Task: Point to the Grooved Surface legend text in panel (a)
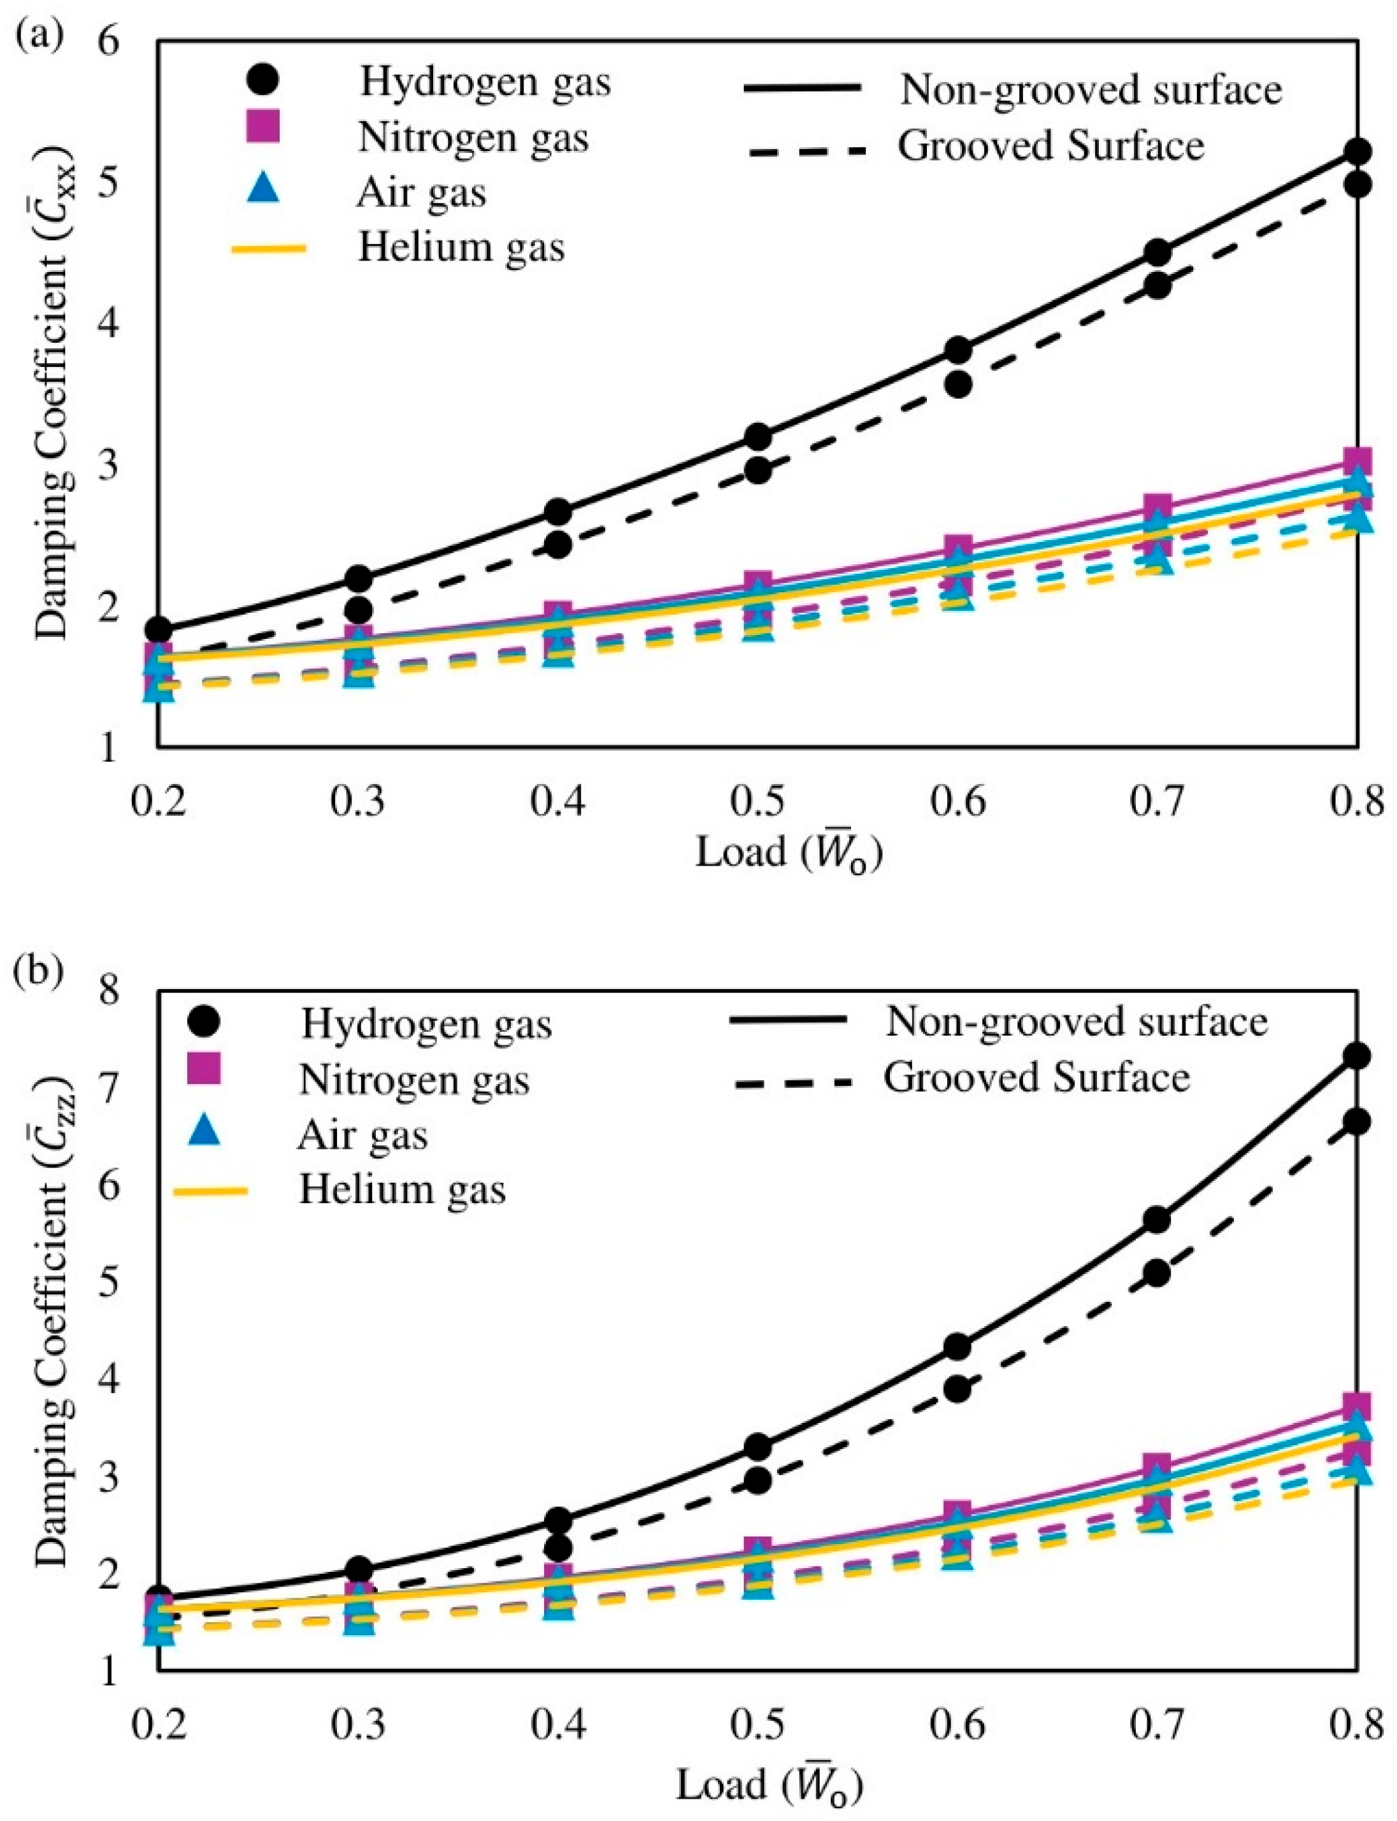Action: (x=1051, y=147)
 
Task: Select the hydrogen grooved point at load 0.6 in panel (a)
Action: (x=958, y=385)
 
